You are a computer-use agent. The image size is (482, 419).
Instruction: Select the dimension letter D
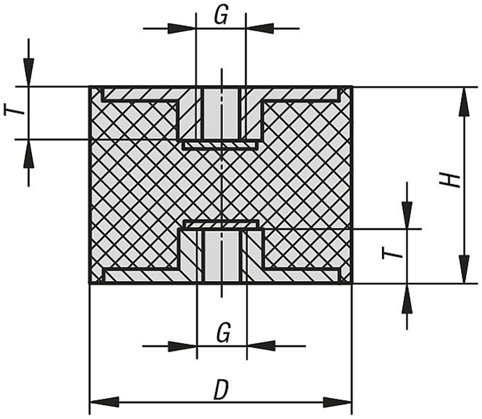(x=221, y=390)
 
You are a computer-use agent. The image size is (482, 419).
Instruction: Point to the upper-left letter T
(x=14, y=109)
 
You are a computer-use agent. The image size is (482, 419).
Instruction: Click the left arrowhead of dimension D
(x=104, y=402)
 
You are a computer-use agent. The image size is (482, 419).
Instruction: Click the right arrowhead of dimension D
(x=337, y=402)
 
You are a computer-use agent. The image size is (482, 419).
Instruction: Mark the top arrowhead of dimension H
(x=465, y=102)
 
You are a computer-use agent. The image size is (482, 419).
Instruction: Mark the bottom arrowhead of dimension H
(x=465, y=269)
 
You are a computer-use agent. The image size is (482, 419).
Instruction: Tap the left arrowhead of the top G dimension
(x=182, y=28)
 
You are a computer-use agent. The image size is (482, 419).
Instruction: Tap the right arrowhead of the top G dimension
(x=260, y=28)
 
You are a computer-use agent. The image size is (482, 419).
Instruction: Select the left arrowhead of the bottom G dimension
(x=182, y=346)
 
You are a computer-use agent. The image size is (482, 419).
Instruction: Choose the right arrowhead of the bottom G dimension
(x=261, y=346)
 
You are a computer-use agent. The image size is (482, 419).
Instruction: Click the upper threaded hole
(x=221, y=114)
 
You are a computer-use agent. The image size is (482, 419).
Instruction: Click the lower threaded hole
(x=221, y=256)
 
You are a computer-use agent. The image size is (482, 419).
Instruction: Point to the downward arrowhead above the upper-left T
(x=29, y=72)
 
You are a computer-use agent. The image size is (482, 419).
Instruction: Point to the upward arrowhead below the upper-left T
(x=29, y=154)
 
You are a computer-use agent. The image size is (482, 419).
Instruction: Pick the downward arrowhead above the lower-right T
(x=407, y=214)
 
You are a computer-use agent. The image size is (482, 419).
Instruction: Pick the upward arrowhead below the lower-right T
(x=407, y=298)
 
